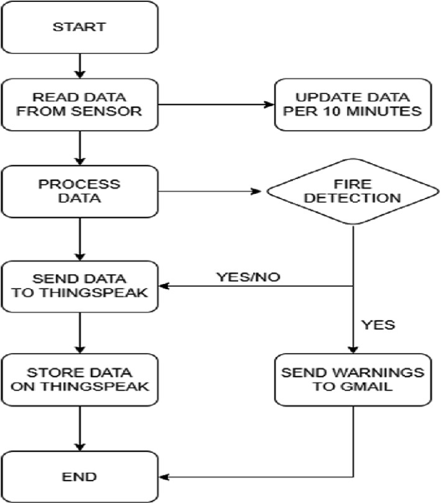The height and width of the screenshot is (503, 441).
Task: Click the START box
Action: [x=80, y=28]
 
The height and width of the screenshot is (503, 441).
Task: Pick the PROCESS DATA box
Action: [x=80, y=191]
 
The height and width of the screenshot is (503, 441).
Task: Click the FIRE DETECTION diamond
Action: [x=353, y=191]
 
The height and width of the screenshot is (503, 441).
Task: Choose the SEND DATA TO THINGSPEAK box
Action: [x=80, y=286]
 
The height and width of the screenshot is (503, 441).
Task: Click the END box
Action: [x=80, y=477]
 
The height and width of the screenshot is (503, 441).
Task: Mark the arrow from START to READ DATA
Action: [x=80, y=64]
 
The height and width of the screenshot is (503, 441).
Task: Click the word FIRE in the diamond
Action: [x=353, y=183]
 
